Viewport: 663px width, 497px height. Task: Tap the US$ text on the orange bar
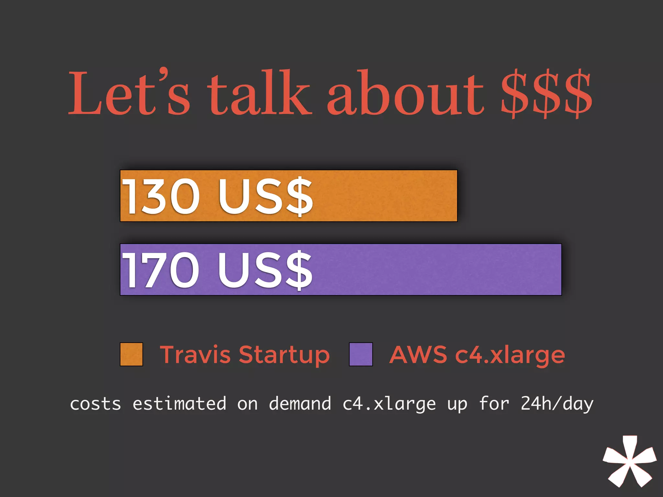pos(265,196)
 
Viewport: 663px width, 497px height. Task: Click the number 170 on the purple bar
pos(160,270)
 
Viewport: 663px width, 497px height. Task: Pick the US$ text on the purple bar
pos(265,270)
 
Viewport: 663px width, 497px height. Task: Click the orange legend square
pos(131,354)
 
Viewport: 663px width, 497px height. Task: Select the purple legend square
pos(361,354)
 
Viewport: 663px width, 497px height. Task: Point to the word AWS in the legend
pos(418,355)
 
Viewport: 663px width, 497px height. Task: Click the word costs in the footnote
pos(96,404)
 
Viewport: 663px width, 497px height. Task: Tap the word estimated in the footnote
pos(179,403)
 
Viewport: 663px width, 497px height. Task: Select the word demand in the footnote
pos(300,403)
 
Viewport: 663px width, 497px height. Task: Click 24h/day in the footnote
pos(557,404)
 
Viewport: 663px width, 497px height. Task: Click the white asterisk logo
pos(629,461)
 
